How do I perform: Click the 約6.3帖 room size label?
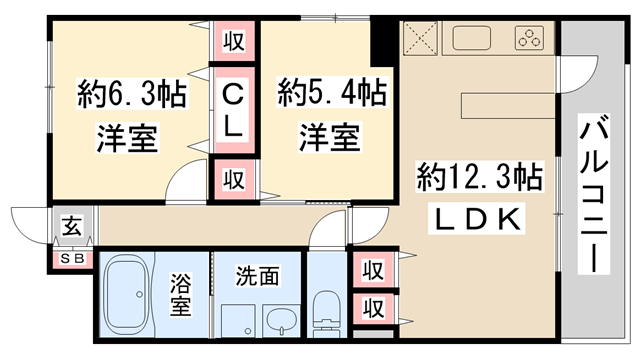click(131, 97)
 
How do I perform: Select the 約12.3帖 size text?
click(479, 179)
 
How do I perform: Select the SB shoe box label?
click(73, 259)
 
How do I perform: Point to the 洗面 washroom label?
click(256, 273)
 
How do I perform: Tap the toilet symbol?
click(326, 311)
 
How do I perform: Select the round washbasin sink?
click(282, 321)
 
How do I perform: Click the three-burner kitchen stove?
click(528, 40)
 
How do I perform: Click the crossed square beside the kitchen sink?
click(420, 40)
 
